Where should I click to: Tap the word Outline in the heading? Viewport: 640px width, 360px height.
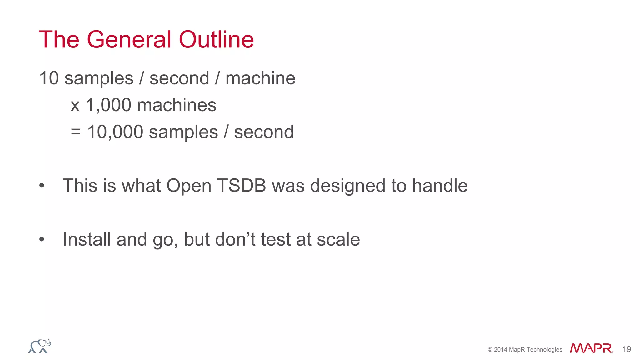click(216, 40)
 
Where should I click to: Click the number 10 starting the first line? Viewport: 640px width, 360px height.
click(49, 78)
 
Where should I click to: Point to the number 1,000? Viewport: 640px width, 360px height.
click(108, 105)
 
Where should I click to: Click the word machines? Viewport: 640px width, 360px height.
click(177, 105)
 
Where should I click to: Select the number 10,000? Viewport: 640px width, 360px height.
click(115, 132)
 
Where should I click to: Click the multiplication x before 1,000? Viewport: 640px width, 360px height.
click(75, 105)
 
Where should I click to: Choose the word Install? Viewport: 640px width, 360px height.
click(87, 239)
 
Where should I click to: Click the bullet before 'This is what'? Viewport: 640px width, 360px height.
click(42, 186)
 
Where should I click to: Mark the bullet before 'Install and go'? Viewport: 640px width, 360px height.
click(42, 240)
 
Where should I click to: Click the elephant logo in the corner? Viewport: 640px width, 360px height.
click(40, 346)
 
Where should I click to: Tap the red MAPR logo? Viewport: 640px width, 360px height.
click(591, 348)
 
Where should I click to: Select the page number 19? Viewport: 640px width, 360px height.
click(627, 349)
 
